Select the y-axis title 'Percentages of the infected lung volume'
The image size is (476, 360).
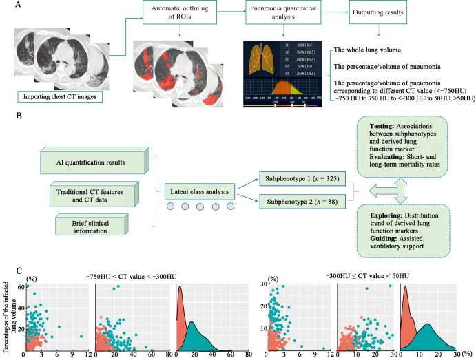pyautogui.click(x=6, y=313)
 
